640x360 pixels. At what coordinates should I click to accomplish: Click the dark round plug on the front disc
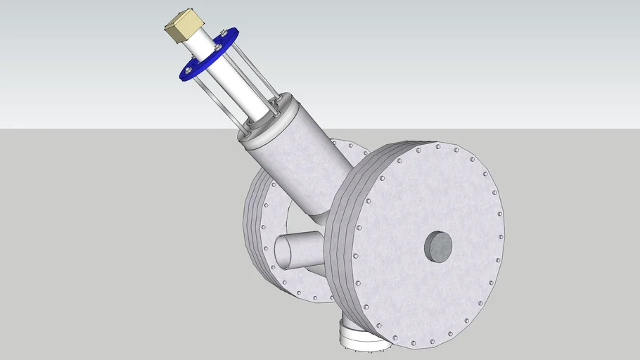pyautogui.click(x=437, y=246)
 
